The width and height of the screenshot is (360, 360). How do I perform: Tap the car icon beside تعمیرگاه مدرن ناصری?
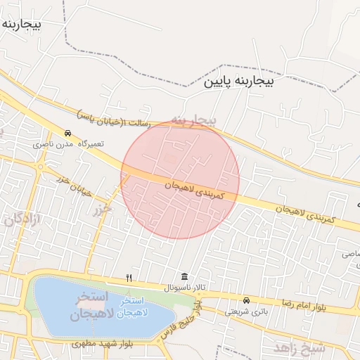(x=67, y=133)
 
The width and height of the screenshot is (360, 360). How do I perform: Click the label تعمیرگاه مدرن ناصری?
(x=68, y=143)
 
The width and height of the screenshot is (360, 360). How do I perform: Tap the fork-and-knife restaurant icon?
(x=128, y=278)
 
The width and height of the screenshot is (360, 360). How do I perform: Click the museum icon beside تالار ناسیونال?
(x=184, y=276)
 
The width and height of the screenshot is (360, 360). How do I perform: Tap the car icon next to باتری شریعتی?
(x=245, y=300)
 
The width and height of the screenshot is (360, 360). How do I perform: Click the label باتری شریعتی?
(x=247, y=310)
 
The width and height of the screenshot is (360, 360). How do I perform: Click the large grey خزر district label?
(x=103, y=209)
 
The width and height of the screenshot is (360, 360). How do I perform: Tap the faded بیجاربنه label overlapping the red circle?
(x=194, y=121)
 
